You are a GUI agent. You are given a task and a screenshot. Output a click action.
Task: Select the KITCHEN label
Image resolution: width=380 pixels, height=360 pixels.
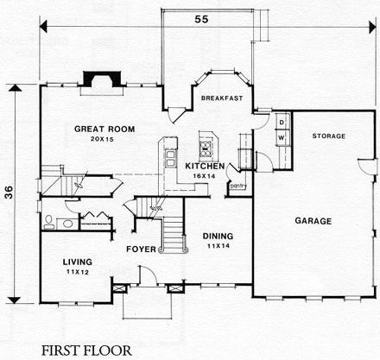(206, 165)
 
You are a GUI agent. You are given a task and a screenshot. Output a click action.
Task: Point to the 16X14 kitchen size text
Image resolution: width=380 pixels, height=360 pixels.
(206, 175)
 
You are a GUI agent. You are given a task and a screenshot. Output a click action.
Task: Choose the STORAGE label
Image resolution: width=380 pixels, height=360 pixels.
(328, 136)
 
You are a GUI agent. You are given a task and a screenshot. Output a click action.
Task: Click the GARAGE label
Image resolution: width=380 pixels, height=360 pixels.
(313, 221)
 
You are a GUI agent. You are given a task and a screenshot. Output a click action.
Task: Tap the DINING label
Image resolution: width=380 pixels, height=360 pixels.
(217, 236)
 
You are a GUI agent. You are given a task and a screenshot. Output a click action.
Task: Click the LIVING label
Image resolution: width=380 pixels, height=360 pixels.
(78, 260)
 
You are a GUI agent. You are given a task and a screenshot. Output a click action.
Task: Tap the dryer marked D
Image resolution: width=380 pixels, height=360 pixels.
(282, 123)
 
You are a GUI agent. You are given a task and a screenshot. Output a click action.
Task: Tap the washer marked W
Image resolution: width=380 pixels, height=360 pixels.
(282, 136)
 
